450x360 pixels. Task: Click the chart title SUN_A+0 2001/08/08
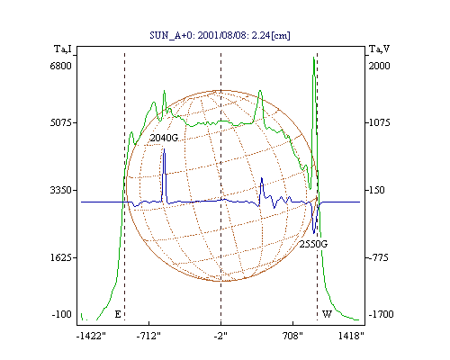(220, 35)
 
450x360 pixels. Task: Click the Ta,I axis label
(63, 49)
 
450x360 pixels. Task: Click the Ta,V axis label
(380, 49)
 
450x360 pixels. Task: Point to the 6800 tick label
(61, 66)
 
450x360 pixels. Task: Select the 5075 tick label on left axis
(61, 122)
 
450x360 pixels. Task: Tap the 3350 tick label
(61, 190)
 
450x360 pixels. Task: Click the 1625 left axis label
(61, 257)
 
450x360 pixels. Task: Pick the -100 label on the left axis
(62, 314)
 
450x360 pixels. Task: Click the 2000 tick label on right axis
(379, 66)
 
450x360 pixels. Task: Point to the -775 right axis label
(379, 257)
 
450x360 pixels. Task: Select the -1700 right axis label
(381, 314)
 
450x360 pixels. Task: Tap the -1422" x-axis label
(91, 336)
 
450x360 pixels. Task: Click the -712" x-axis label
(148, 336)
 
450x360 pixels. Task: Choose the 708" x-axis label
(292, 336)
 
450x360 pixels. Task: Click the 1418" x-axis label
(351, 336)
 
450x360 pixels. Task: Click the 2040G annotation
(164, 138)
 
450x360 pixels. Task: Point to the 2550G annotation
(313, 244)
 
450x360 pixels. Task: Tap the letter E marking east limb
(118, 314)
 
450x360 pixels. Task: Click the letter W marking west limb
(327, 314)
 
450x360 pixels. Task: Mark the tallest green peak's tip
(314, 57)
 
